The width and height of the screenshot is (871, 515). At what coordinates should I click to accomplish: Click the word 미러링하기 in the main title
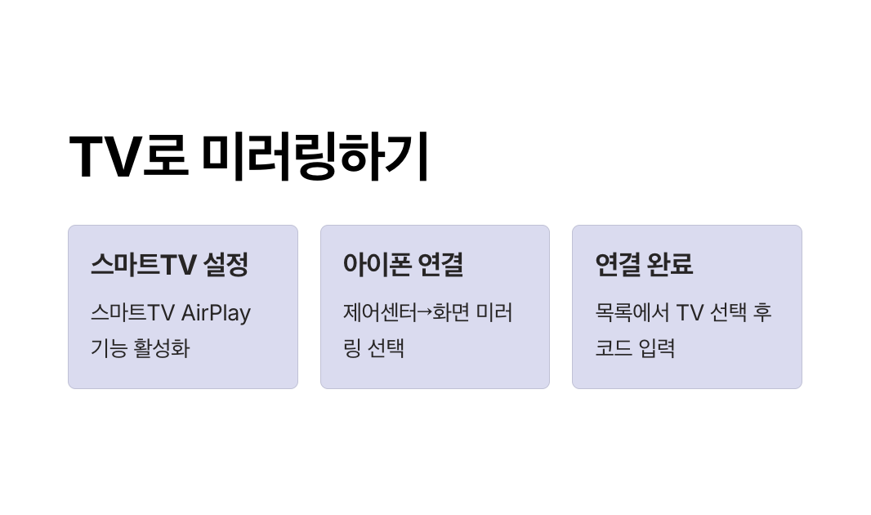coord(315,156)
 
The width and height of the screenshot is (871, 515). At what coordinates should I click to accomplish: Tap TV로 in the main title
coord(128,156)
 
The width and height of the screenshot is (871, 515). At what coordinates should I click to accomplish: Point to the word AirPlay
coord(216,313)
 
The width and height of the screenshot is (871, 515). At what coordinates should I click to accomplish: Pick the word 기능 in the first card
coord(109,348)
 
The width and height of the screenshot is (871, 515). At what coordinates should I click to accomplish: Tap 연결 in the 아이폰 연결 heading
coord(440,264)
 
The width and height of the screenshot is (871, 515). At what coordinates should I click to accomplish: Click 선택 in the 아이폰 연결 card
coord(386,348)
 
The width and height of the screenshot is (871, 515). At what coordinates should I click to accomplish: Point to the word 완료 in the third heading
coord(669,264)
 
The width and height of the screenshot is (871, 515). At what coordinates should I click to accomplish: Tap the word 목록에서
coord(632,313)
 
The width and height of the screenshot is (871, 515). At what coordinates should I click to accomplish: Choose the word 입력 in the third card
coord(658,348)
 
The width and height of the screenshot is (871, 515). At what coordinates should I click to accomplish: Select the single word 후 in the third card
coord(762,313)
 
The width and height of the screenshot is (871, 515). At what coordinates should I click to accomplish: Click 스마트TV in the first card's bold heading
coord(143,264)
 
